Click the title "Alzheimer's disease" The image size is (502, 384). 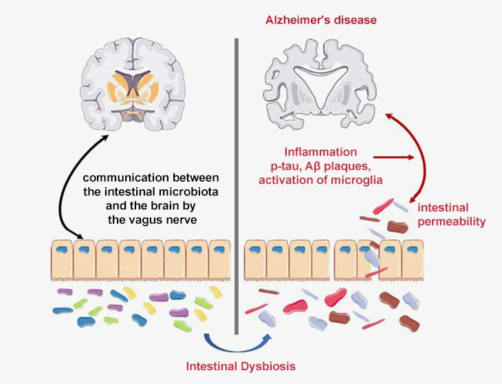click(x=321, y=20)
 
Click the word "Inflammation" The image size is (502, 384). click(x=321, y=151)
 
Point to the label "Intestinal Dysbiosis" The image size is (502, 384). click(x=241, y=365)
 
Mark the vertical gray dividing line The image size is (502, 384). click(x=236, y=186)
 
